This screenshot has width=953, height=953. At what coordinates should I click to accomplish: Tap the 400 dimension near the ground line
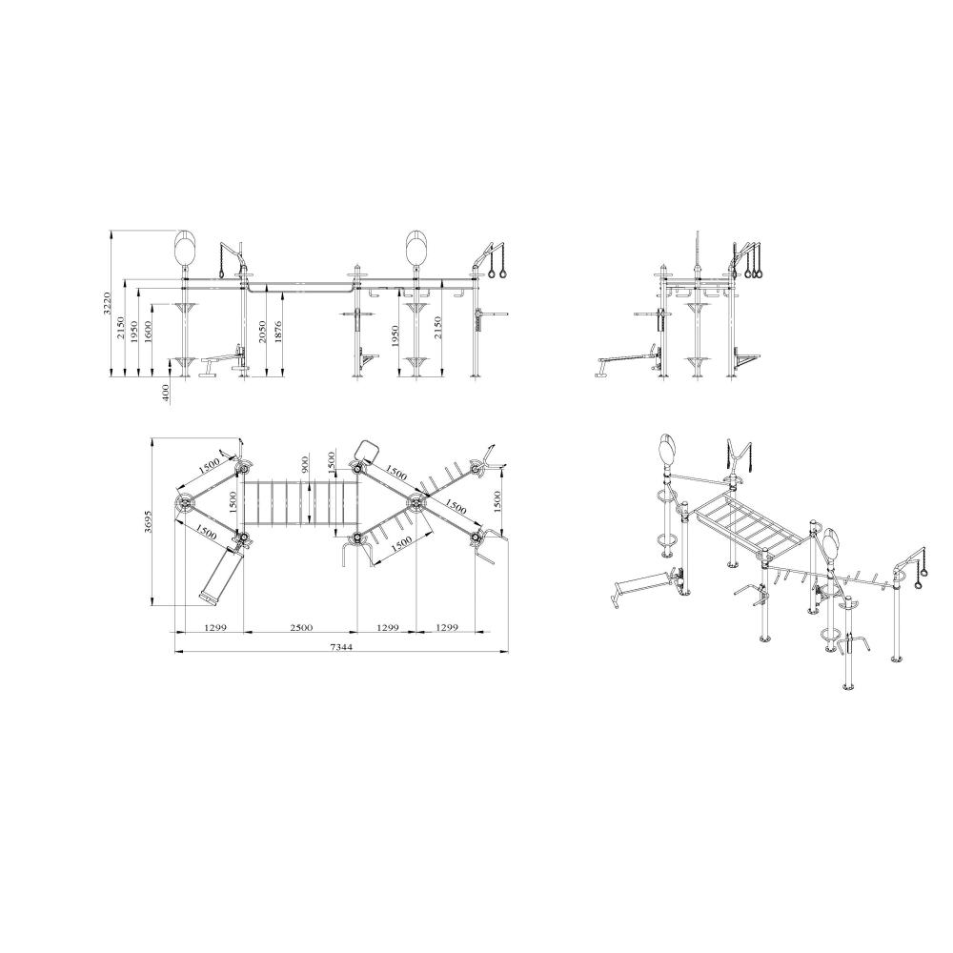[x=166, y=393]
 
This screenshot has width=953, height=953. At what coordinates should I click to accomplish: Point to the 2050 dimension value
[x=262, y=333]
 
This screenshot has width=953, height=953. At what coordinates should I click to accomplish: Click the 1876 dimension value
[x=279, y=333]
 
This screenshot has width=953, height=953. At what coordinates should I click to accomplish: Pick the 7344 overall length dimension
[x=341, y=647]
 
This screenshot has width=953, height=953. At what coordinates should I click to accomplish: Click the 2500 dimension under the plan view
[x=300, y=627]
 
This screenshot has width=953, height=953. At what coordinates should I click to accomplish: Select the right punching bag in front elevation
[x=416, y=249]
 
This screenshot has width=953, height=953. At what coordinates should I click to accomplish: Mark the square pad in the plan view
[x=366, y=450]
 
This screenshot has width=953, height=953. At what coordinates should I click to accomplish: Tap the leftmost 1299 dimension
[x=209, y=627]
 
